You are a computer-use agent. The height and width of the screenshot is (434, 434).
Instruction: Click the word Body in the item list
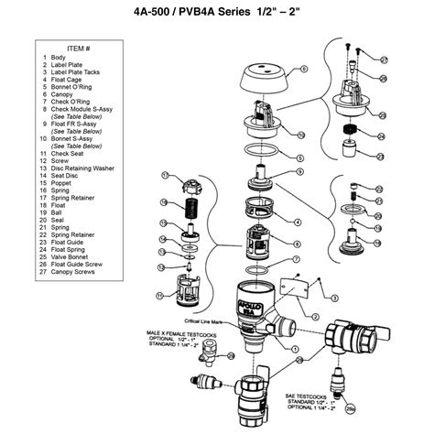(59, 57)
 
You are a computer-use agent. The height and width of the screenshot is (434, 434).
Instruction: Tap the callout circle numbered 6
(303, 68)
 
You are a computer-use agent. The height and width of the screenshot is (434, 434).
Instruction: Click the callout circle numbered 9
(298, 171)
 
